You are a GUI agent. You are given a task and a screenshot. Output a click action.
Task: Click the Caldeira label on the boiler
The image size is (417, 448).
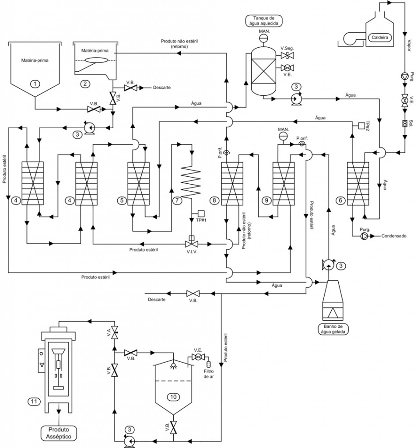[x=380, y=38]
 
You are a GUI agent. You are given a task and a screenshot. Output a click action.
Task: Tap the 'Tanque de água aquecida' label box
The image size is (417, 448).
[x=263, y=21]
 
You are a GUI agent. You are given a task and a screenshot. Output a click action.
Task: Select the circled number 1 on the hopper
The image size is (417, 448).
[x=35, y=84]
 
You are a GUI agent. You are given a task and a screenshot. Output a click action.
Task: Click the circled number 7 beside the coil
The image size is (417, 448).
[x=177, y=200]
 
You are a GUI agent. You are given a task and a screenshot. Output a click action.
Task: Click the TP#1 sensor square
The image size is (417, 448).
[x=201, y=213]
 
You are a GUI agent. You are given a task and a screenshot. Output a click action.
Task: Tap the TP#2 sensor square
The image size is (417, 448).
[x=361, y=125]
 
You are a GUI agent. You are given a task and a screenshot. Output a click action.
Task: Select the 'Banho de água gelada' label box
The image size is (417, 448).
[x=333, y=329]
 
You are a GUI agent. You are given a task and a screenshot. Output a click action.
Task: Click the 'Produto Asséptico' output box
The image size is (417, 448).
[x=59, y=433]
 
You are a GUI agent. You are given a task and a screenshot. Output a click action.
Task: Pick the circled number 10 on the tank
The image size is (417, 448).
[x=173, y=397]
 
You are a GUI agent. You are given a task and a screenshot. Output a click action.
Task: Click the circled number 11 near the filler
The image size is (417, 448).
[x=34, y=402]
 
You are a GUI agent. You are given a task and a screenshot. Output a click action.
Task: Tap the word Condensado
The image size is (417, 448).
[x=394, y=236]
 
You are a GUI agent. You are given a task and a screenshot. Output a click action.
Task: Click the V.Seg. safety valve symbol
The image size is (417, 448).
[x=287, y=55]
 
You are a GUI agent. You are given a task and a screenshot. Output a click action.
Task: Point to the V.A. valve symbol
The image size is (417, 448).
[x=115, y=332]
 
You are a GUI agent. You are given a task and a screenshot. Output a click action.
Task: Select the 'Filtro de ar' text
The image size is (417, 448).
[x=209, y=374]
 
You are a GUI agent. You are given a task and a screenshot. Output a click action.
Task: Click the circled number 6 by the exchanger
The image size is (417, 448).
[x=340, y=200]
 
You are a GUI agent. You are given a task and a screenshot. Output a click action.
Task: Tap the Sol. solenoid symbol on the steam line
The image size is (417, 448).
[x=405, y=123]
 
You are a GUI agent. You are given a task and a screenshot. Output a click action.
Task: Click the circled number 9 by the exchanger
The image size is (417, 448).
[x=266, y=200]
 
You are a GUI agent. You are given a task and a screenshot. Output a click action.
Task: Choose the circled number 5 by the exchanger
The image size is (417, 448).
[x=122, y=200]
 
